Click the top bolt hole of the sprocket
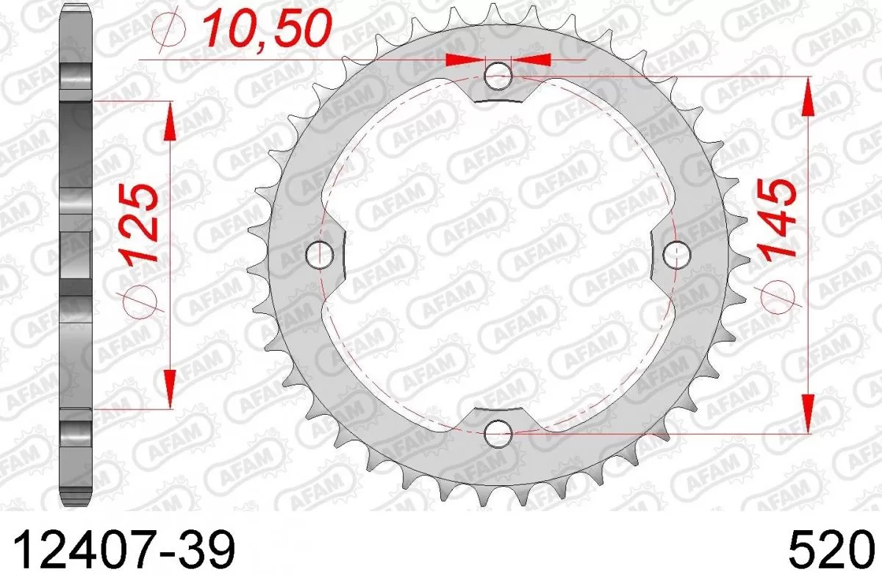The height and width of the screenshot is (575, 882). point(499,74)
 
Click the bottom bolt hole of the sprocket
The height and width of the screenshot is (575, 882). point(499,433)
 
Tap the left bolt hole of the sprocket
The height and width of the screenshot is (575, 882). point(320,254)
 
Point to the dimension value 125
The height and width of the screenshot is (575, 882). point(140,224)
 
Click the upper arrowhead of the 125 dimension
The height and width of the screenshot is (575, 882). point(169,121)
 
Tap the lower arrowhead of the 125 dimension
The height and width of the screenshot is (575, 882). point(169,388)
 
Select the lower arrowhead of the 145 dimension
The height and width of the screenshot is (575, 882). point(807,412)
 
